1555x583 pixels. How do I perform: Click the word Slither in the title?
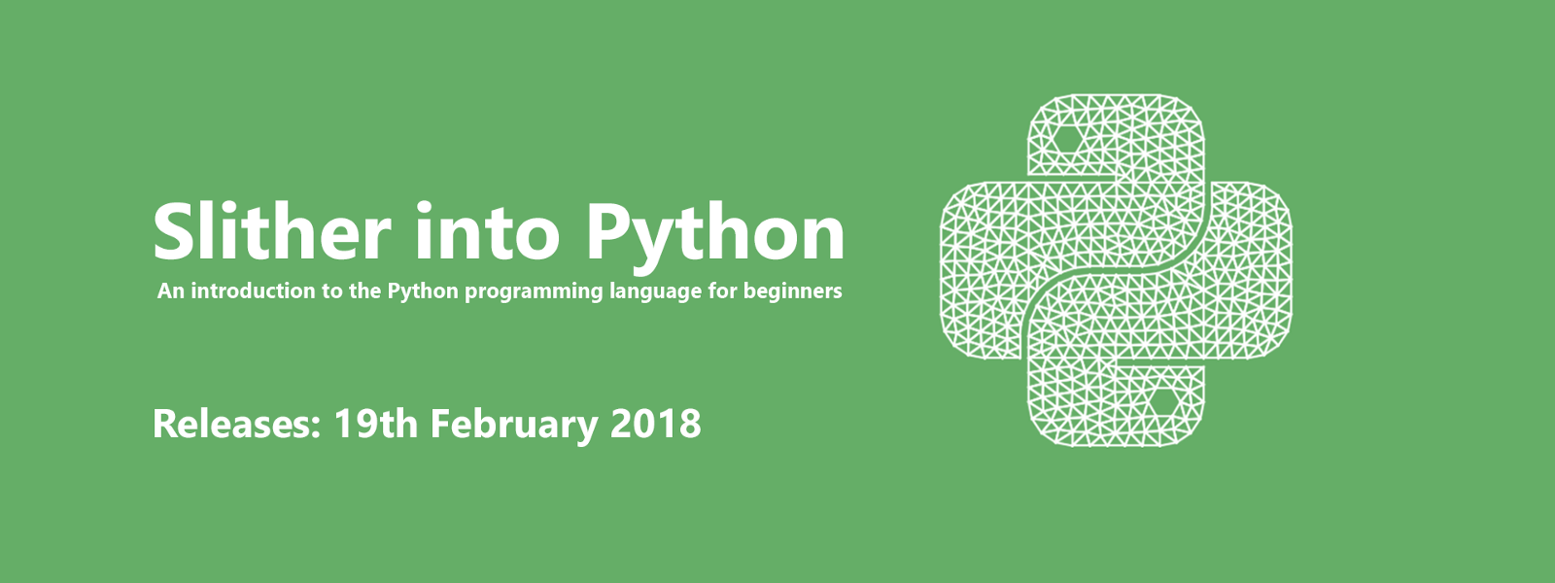click(x=271, y=230)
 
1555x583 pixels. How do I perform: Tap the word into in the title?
click(x=487, y=230)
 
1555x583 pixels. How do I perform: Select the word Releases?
click(x=232, y=424)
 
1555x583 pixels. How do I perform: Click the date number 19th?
click(x=375, y=424)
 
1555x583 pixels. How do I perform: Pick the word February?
click(x=514, y=427)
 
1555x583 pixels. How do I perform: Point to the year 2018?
click(x=655, y=424)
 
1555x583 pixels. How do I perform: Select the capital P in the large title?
click(x=608, y=232)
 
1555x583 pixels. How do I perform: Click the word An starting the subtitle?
click(x=171, y=291)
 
